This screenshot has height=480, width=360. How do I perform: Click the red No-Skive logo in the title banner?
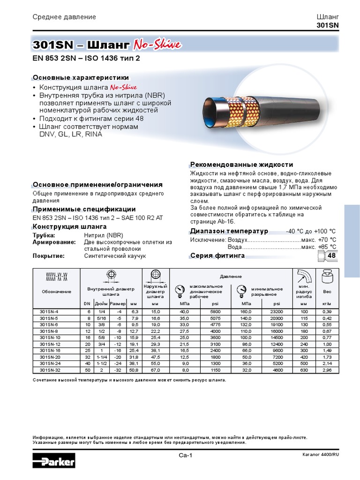[157, 45]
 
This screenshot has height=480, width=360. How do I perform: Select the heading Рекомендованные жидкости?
[241, 165]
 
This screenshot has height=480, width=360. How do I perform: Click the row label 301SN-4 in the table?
[48, 311]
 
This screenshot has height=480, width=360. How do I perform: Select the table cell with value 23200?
[276, 311]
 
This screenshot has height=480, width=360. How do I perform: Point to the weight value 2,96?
[327, 370]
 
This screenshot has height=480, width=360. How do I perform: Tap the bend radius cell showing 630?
[304, 370]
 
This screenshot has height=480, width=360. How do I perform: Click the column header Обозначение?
[56, 292]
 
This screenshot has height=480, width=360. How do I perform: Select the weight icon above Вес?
[327, 277]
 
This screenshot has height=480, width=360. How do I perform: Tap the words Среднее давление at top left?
[64, 17]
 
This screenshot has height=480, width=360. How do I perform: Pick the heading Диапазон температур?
[229, 231]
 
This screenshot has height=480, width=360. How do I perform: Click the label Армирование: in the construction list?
[54, 242]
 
